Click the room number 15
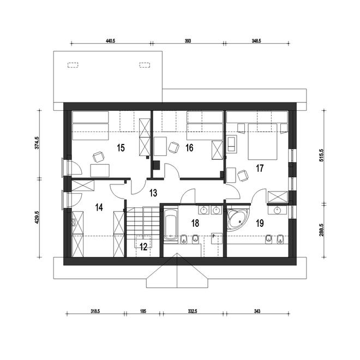121,148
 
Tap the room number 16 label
189,148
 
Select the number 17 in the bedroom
260,169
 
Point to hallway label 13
153,193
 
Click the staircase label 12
143,247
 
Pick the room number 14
99,208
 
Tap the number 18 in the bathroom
195,223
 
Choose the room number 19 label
260,223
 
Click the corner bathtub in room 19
237,218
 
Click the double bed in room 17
263,141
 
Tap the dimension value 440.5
110,41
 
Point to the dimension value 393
188,41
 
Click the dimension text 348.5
256,41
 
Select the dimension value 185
143,311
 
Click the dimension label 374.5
37,143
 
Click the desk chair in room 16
173,147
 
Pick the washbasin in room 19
278,210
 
